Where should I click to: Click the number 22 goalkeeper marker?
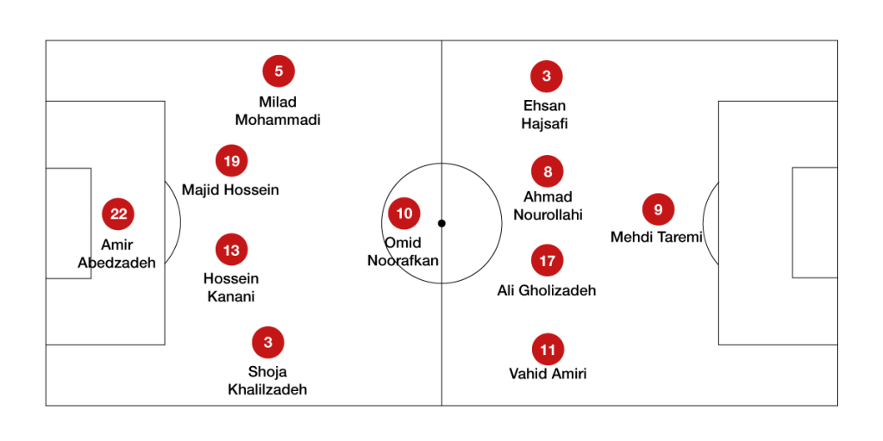tap(118, 214)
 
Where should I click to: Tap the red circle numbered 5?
tap(279, 71)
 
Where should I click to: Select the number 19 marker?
tap(231, 161)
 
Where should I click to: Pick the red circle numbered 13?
tap(231, 250)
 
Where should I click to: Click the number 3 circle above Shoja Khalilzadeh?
tap(268, 342)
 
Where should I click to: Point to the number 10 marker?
tap(404, 214)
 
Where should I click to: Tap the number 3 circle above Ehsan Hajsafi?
tap(546, 76)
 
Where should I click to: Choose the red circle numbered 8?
tap(548, 171)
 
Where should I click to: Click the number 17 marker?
tap(548, 260)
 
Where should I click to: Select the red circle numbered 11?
tap(548, 350)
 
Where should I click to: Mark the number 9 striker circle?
tap(658, 210)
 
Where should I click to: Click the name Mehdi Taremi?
tap(656, 238)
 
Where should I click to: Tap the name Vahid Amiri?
tap(548, 374)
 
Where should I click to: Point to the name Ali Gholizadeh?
tap(546, 290)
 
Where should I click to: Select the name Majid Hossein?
tap(230, 190)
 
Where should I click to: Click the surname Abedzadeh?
tap(116, 263)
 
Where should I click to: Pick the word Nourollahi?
tap(548, 214)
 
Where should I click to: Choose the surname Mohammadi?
tap(278, 120)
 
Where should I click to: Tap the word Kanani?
tap(231, 296)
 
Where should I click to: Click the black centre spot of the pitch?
tap(441, 223)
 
